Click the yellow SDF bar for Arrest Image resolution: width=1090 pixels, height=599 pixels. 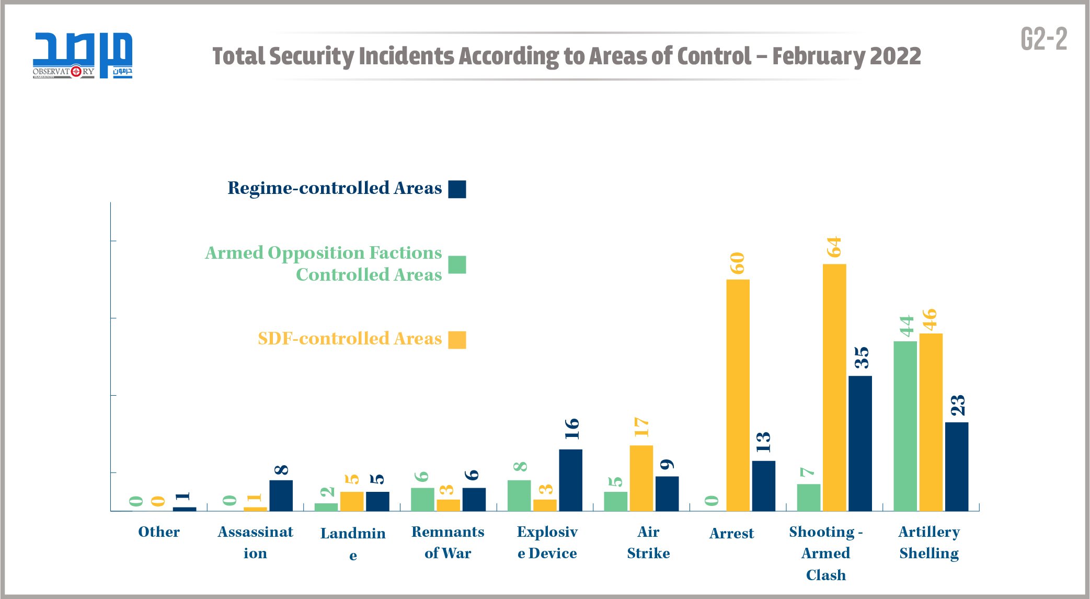coord(738,395)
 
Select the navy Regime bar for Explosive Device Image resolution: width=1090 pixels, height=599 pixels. coord(570,480)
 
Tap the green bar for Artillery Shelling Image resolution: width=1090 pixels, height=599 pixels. coord(905,426)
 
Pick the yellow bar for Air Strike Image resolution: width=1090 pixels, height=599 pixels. coord(641,478)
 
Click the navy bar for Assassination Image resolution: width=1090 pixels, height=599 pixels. coord(281,496)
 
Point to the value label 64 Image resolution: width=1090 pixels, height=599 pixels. coord(834,247)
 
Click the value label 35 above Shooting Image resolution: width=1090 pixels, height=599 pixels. coord(860,358)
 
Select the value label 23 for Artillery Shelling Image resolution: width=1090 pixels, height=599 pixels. coord(957,405)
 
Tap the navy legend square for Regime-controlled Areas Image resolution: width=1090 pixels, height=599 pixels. coord(457,189)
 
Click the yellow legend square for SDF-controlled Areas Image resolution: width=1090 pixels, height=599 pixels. coord(457,340)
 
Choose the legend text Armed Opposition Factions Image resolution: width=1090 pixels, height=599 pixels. coord(323,253)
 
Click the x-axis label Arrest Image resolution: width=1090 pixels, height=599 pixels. coord(731,533)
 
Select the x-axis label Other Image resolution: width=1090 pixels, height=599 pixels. coord(158,532)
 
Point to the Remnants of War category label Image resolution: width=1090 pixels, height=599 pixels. coord(448,542)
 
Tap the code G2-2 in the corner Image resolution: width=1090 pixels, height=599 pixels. coord(1043,39)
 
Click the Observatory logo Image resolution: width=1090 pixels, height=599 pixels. coord(82,55)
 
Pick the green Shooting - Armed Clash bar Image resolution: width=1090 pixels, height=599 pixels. coord(808,497)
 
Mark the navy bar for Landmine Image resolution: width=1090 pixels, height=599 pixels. coord(377,501)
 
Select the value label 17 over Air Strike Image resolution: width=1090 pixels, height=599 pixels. coord(641,427)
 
